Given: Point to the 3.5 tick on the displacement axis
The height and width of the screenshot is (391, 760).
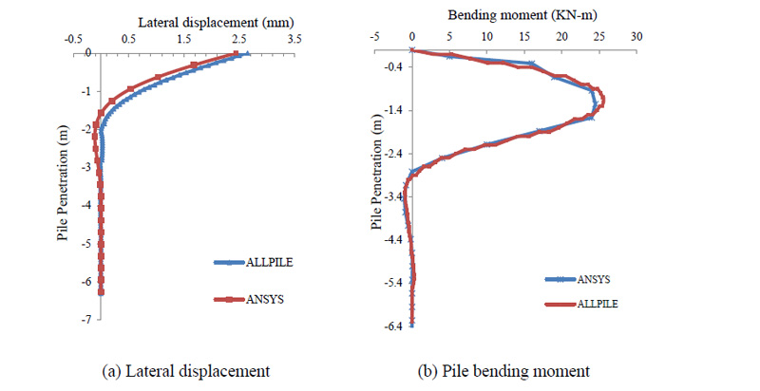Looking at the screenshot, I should click(294, 40).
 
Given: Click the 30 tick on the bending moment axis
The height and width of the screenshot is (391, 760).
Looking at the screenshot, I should click(637, 36).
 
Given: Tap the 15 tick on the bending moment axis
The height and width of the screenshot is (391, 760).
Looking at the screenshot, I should click(524, 36).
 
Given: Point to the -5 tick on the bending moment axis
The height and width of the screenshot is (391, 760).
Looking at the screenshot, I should click(374, 36).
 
